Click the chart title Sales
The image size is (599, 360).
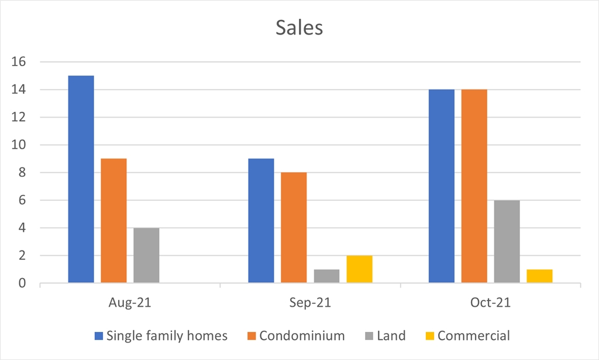click(x=299, y=28)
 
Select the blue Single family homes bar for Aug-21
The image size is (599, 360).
click(x=81, y=180)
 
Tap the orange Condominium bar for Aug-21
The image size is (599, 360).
click(x=113, y=221)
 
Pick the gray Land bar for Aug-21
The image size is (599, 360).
click(x=146, y=255)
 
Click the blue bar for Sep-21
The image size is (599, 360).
click(x=261, y=221)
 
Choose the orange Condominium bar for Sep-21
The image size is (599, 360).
click(x=294, y=228)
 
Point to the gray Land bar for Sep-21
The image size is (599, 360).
click(x=326, y=276)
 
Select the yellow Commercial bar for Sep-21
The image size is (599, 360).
click(x=359, y=269)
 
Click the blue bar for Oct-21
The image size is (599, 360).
click(x=442, y=186)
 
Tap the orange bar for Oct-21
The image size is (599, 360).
click(x=474, y=186)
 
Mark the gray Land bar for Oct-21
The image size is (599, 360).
click(x=507, y=242)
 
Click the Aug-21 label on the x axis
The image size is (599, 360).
click(x=130, y=303)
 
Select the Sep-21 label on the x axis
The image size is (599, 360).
click(x=310, y=303)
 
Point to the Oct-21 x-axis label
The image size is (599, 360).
click(x=490, y=303)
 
